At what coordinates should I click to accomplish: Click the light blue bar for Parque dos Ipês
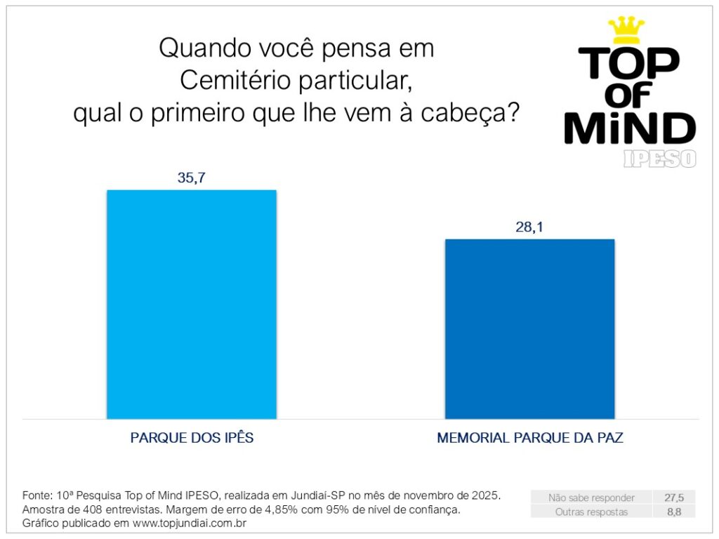pyautogui.click(x=191, y=304)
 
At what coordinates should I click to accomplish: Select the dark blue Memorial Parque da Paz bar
pyautogui.click(x=529, y=328)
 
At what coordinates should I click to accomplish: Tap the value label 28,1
pyautogui.click(x=529, y=227)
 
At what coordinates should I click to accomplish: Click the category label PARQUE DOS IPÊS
pyautogui.click(x=192, y=438)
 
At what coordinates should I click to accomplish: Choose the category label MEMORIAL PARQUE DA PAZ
pyautogui.click(x=530, y=438)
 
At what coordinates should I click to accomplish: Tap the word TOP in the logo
pyautogui.click(x=628, y=63)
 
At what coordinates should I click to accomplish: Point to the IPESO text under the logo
pyautogui.click(x=659, y=159)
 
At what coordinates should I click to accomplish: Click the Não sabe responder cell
pyautogui.click(x=591, y=498)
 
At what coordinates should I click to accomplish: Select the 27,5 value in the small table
pyautogui.click(x=674, y=498)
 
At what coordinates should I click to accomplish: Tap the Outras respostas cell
pyautogui.click(x=591, y=512)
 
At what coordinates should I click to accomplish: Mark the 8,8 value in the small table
pyautogui.click(x=674, y=512)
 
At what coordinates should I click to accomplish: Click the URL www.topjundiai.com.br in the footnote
pyautogui.click(x=189, y=524)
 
